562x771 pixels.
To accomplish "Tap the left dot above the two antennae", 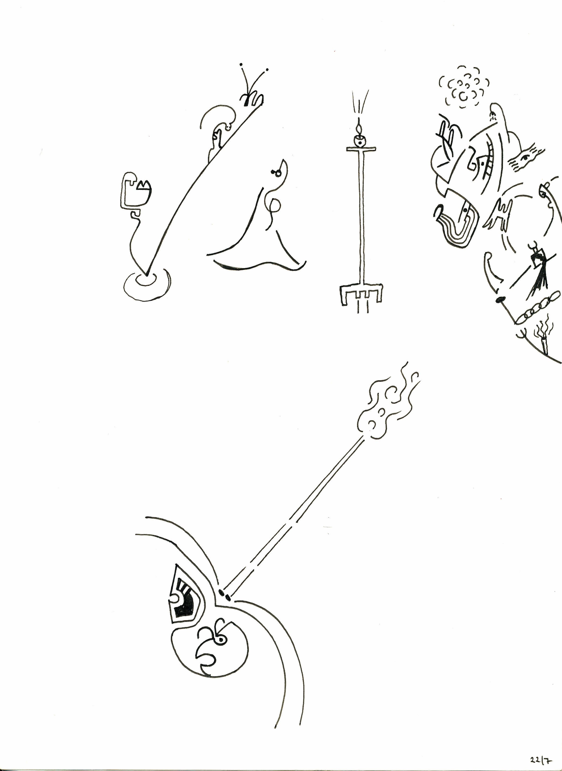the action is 241,64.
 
